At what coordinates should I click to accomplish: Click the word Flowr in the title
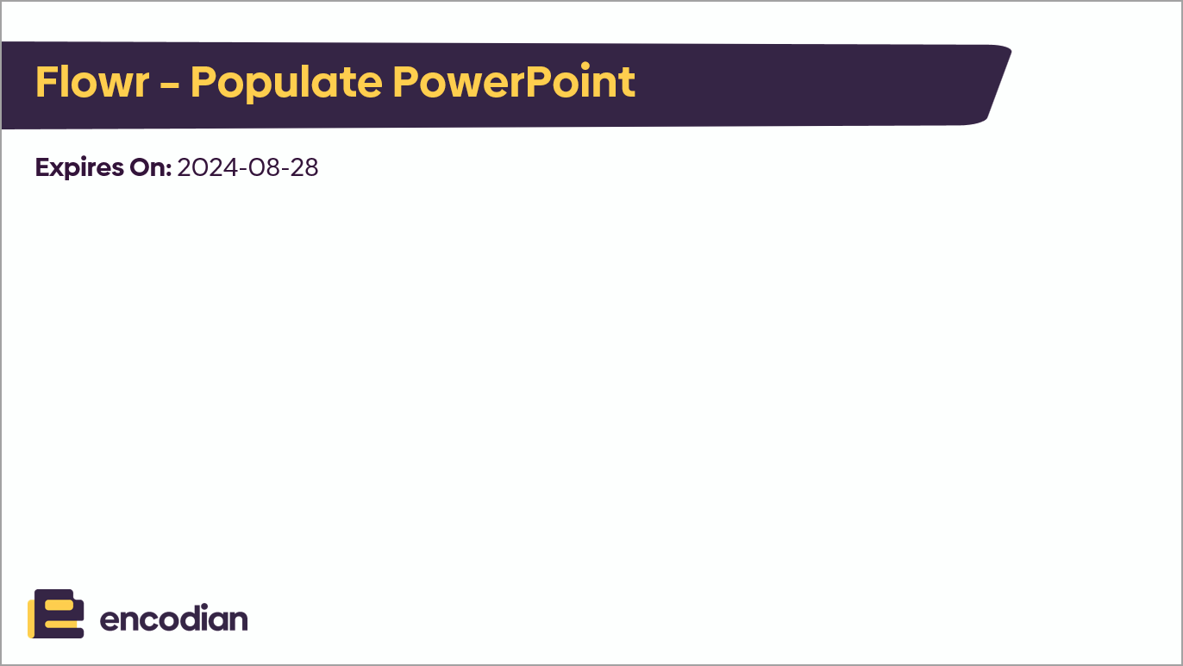92,83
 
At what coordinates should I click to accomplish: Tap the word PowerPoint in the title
514,83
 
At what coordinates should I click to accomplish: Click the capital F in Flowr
46,83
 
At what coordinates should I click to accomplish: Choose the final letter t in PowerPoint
629,83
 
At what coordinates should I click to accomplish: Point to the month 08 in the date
263,167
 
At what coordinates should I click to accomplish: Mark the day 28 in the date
303,167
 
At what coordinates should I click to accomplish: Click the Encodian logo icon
56,613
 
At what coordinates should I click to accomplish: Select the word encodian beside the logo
174,619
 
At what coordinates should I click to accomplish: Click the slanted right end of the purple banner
998,84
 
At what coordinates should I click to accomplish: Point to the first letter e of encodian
110,621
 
